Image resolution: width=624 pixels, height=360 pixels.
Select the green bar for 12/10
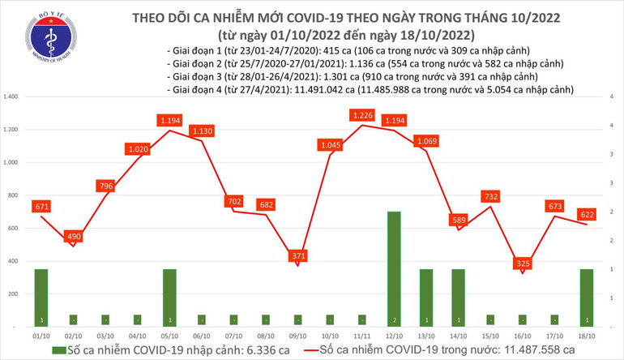(395, 268)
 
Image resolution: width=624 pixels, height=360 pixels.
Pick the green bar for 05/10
(169, 297)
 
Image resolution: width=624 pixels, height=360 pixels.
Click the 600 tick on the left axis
(15, 229)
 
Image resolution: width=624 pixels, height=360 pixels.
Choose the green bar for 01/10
(41, 297)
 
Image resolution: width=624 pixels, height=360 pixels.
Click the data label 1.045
(330, 145)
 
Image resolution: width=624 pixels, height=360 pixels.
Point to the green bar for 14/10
(459, 297)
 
